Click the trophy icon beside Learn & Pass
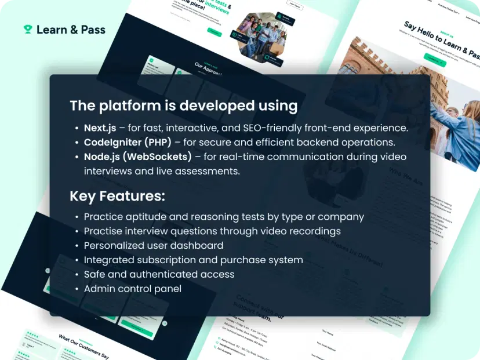point(28,29)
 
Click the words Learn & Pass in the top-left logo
point(71,29)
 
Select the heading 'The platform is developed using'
point(183,106)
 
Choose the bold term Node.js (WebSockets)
point(137,157)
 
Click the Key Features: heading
point(117,196)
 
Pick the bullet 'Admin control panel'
point(132,288)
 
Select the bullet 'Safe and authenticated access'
point(159,274)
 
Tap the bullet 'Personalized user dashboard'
point(153,245)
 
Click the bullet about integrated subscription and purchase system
point(193,260)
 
